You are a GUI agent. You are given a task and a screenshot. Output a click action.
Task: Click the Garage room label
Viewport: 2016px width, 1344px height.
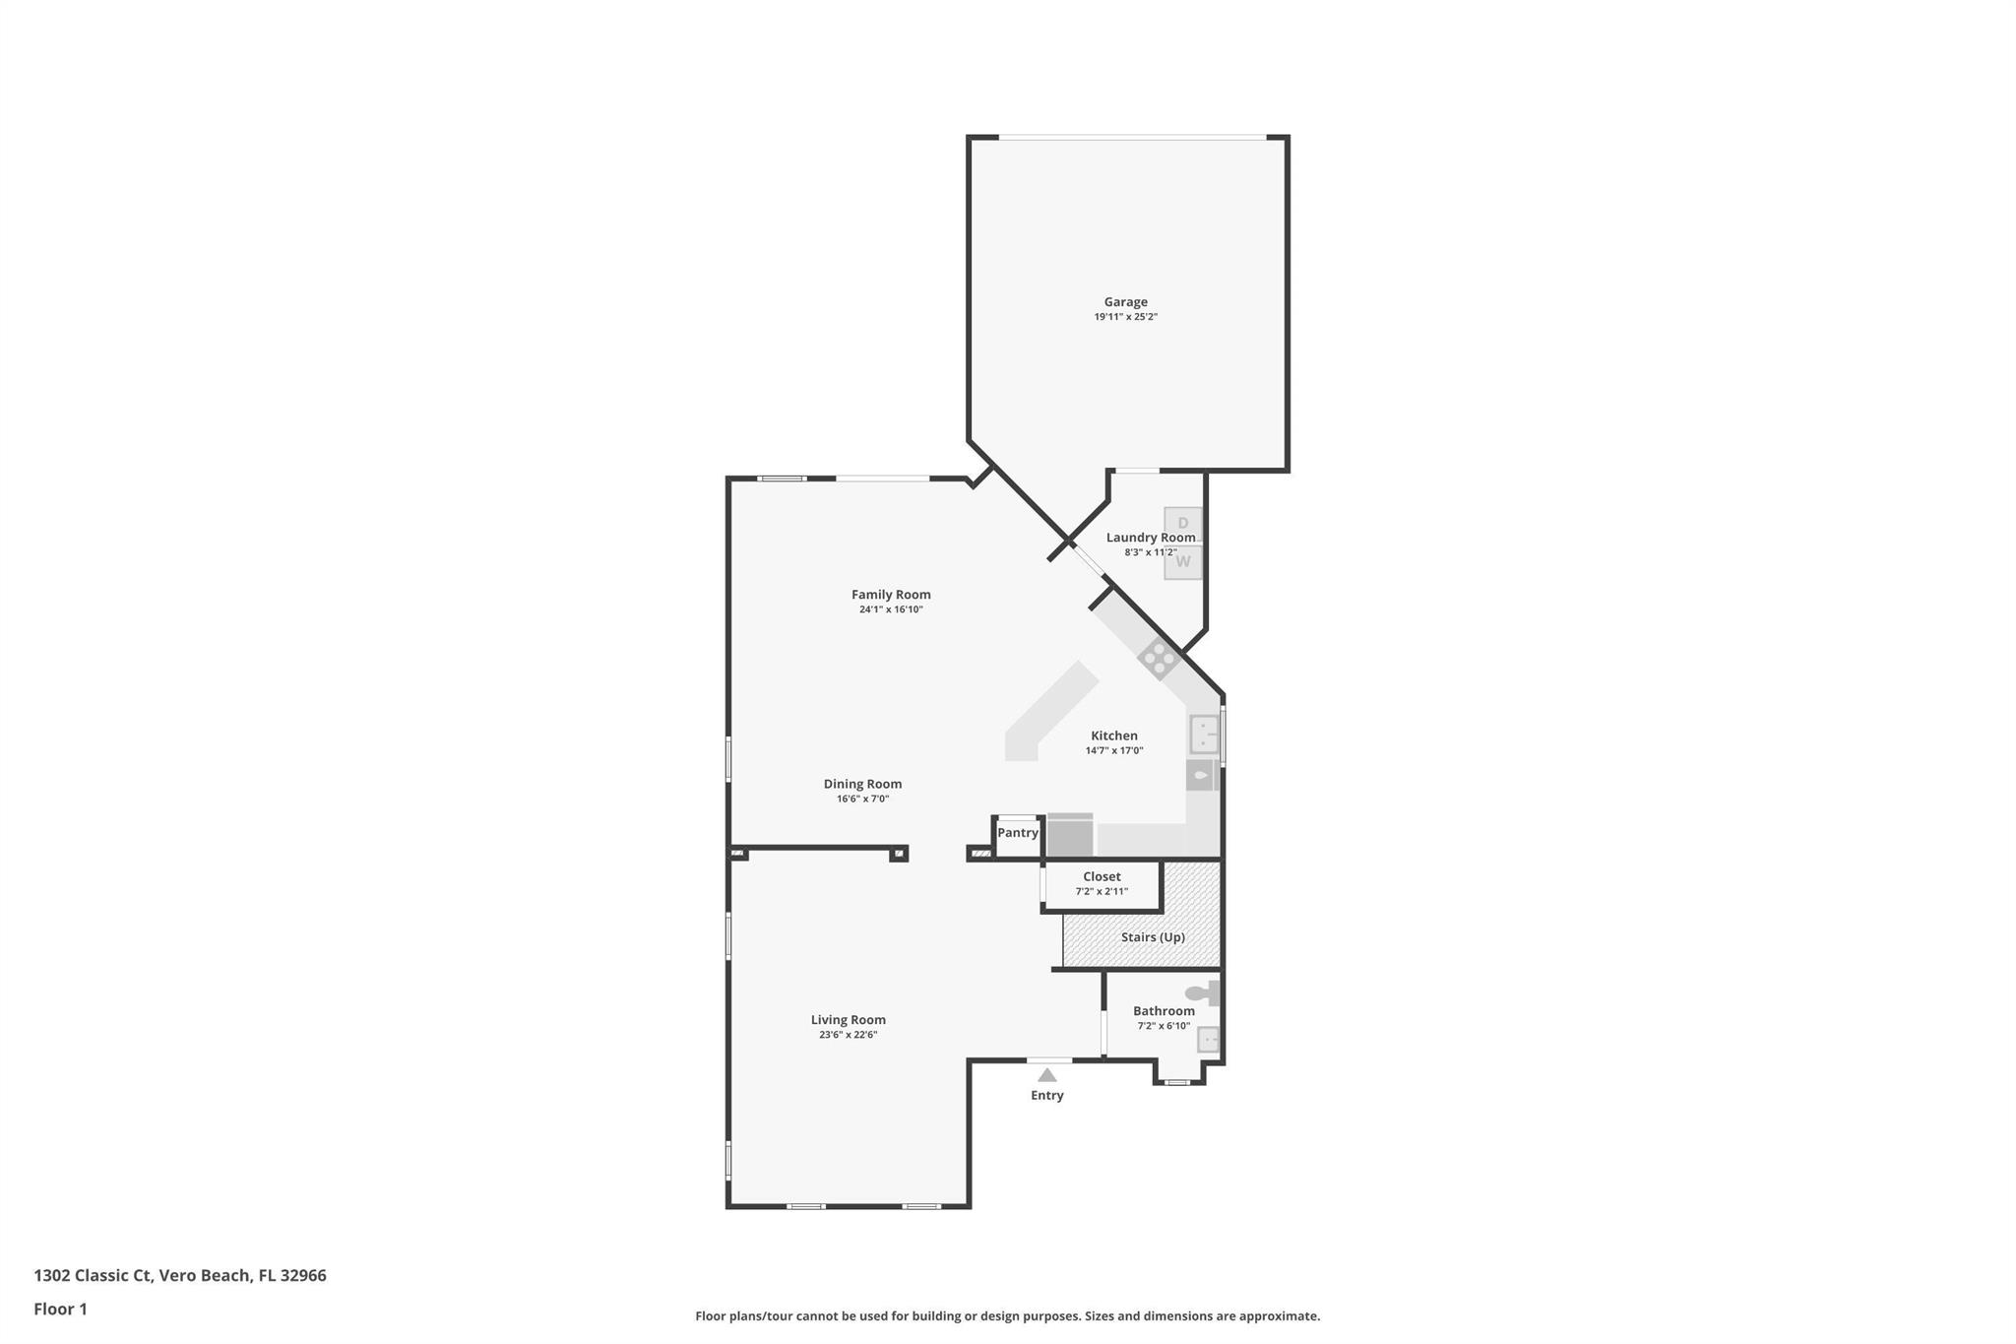click(1125, 302)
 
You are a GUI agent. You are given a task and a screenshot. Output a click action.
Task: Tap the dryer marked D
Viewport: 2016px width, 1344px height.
click(1182, 524)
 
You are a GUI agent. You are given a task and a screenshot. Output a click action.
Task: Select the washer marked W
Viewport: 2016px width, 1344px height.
click(1182, 562)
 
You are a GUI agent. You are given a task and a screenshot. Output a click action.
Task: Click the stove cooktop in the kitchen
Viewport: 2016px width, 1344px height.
click(1159, 658)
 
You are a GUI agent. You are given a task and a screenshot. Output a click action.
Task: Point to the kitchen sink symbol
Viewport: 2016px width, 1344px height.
click(1204, 734)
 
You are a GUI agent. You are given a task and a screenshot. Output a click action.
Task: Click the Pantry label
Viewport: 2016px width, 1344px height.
click(1017, 833)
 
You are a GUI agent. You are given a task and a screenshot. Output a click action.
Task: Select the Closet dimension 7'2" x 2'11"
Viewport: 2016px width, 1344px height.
click(1102, 892)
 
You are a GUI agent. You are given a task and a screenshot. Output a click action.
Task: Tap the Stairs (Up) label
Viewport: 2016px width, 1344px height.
click(1153, 937)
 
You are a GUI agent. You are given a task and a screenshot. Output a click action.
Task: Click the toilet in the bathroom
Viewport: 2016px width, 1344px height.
click(1202, 992)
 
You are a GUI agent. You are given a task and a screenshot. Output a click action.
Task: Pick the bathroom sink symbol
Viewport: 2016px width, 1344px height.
click(1208, 1040)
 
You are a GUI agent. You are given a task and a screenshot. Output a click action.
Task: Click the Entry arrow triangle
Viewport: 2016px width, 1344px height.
click(1047, 1075)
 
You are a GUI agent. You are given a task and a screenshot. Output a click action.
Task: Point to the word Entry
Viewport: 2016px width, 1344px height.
click(1047, 1096)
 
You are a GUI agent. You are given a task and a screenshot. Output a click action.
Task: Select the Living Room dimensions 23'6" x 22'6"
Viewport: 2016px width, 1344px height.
click(848, 1035)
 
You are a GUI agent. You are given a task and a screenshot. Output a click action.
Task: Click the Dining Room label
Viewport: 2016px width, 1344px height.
click(862, 785)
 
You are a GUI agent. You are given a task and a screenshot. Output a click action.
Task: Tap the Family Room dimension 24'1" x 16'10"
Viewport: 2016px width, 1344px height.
click(891, 609)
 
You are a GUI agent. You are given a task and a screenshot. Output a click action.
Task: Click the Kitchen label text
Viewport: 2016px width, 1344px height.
click(1114, 736)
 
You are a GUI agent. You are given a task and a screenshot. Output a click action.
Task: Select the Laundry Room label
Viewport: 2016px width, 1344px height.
click(1150, 538)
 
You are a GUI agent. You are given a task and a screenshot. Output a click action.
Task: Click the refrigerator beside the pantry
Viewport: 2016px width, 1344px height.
click(1070, 836)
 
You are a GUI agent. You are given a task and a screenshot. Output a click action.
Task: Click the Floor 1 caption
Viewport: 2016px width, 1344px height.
click(60, 1309)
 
